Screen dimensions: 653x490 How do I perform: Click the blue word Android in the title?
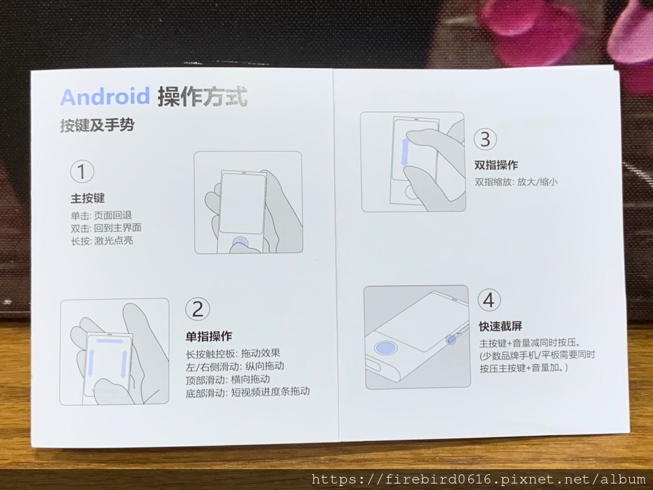(x=105, y=97)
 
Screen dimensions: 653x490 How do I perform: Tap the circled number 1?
(x=82, y=172)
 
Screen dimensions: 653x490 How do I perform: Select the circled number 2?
(x=197, y=309)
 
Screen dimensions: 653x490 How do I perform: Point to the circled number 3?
(x=485, y=139)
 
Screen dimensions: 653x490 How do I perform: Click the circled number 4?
(x=489, y=300)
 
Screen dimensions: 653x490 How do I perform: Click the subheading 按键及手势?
(x=97, y=125)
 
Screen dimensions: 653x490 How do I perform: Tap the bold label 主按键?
(x=88, y=198)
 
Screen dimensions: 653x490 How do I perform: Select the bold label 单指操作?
(x=209, y=336)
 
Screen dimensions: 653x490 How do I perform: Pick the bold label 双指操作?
(x=496, y=165)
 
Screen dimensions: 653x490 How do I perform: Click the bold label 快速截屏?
(x=501, y=326)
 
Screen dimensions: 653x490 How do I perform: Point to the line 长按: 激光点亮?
(x=102, y=241)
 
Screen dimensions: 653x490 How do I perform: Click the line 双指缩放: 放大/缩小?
(x=516, y=182)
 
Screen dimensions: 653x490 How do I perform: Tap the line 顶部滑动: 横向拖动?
(x=228, y=380)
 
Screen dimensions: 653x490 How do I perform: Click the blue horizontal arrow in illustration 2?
(x=110, y=341)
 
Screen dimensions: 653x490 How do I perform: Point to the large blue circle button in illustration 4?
(x=385, y=347)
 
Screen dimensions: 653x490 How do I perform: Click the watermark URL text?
(x=479, y=479)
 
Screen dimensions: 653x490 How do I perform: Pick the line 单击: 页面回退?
(x=101, y=215)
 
